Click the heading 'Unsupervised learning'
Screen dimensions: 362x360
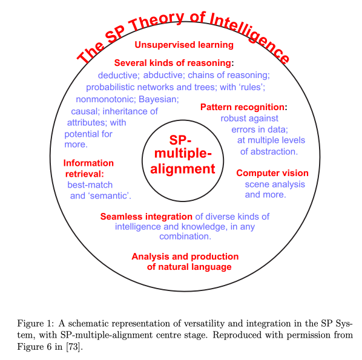pyautogui.click(x=184, y=45)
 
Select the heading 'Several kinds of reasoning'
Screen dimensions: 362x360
pyautogui.click(x=173, y=63)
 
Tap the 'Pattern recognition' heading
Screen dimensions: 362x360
pyautogui.click(x=242, y=107)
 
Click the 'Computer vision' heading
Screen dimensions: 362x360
pyautogui.click(x=272, y=173)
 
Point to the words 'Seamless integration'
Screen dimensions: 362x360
pyautogui.click(x=146, y=217)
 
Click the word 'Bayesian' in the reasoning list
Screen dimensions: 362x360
pyautogui.click(x=158, y=99)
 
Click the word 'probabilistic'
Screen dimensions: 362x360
pyautogui.click(x=110, y=88)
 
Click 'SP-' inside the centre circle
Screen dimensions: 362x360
pyautogui.click(x=180, y=140)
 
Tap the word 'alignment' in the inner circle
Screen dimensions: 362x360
pyautogui.click(x=183, y=169)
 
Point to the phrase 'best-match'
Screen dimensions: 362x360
pyautogui.click(x=90, y=185)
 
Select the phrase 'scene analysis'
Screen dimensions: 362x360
pyautogui.click(x=275, y=185)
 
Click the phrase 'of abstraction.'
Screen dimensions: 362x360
pyautogui.click(x=269, y=152)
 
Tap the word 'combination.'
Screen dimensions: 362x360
pyautogui.click(x=185, y=237)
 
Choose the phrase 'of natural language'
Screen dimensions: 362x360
pyautogui.click(x=189, y=267)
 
